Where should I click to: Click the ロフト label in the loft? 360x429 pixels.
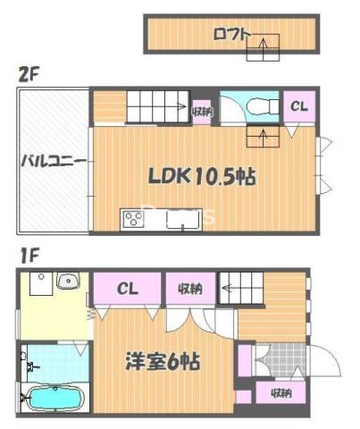point(231,35)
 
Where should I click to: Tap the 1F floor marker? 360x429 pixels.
point(28,254)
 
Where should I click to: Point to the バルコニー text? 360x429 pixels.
point(54,161)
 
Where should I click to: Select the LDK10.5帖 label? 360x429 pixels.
point(202,176)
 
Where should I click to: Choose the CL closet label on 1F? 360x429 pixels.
point(128,289)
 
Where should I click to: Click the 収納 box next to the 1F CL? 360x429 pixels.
point(188,288)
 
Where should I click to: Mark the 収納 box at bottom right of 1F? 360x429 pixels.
point(280,391)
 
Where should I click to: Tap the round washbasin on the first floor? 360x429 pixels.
point(66,282)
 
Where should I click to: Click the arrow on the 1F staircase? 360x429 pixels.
point(230,288)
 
